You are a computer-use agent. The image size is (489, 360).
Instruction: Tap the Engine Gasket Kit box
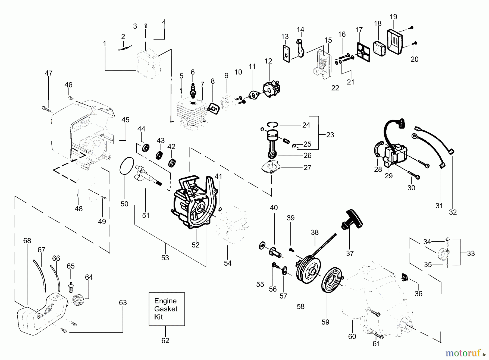(x=167, y=309)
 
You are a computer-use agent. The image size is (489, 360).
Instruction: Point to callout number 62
(x=165, y=340)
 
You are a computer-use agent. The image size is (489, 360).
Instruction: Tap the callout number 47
(x=49, y=73)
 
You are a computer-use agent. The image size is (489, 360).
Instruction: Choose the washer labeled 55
(x=262, y=246)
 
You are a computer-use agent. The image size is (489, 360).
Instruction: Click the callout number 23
(x=330, y=135)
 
